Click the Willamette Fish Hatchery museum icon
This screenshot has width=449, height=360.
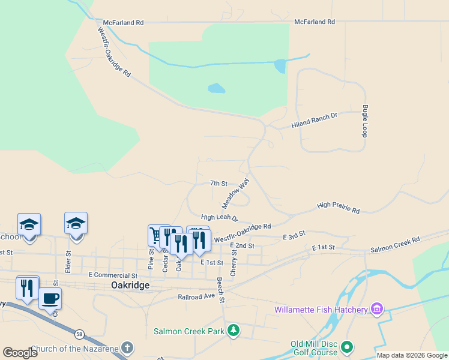pos(376,309)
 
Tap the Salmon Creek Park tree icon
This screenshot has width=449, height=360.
pos(234,331)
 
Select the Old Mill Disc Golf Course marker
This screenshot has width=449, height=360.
pos(346,347)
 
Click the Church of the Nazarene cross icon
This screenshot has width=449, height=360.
pos(127,348)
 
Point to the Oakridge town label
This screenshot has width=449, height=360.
pos(130,286)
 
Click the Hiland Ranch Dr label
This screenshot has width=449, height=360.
pos(315,123)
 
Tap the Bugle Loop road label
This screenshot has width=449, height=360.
pos(364,121)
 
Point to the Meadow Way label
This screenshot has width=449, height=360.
pos(236,191)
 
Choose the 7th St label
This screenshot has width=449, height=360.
pos(218,183)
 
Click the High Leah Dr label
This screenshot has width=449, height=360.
pos(219,217)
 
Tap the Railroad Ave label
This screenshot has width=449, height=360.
pos(196,296)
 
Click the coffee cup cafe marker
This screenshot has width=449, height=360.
pos(50,298)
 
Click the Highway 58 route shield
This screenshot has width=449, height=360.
pos(79,333)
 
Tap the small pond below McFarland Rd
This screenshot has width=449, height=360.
pos(216,89)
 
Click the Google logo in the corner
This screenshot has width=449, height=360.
pos(20,353)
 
